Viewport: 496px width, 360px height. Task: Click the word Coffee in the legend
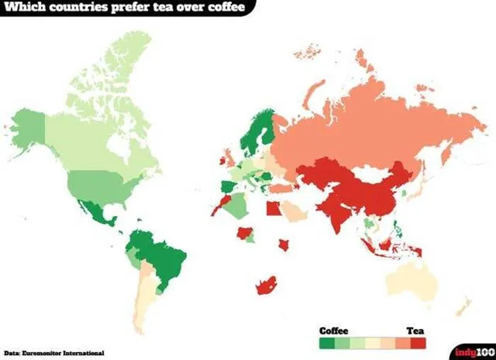click(x=334, y=330)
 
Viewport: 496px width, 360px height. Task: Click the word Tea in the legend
click(x=415, y=330)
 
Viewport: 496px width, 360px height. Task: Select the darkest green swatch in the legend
click(x=327, y=342)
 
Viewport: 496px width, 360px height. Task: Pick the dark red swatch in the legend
click(x=419, y=342)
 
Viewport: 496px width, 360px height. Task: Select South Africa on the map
click(x=266, y=286)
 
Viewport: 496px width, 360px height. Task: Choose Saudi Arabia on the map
click(x=292, y=210)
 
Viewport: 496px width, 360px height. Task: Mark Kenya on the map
click(x=283, y=244)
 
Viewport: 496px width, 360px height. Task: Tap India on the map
click(x=337, y=213)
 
